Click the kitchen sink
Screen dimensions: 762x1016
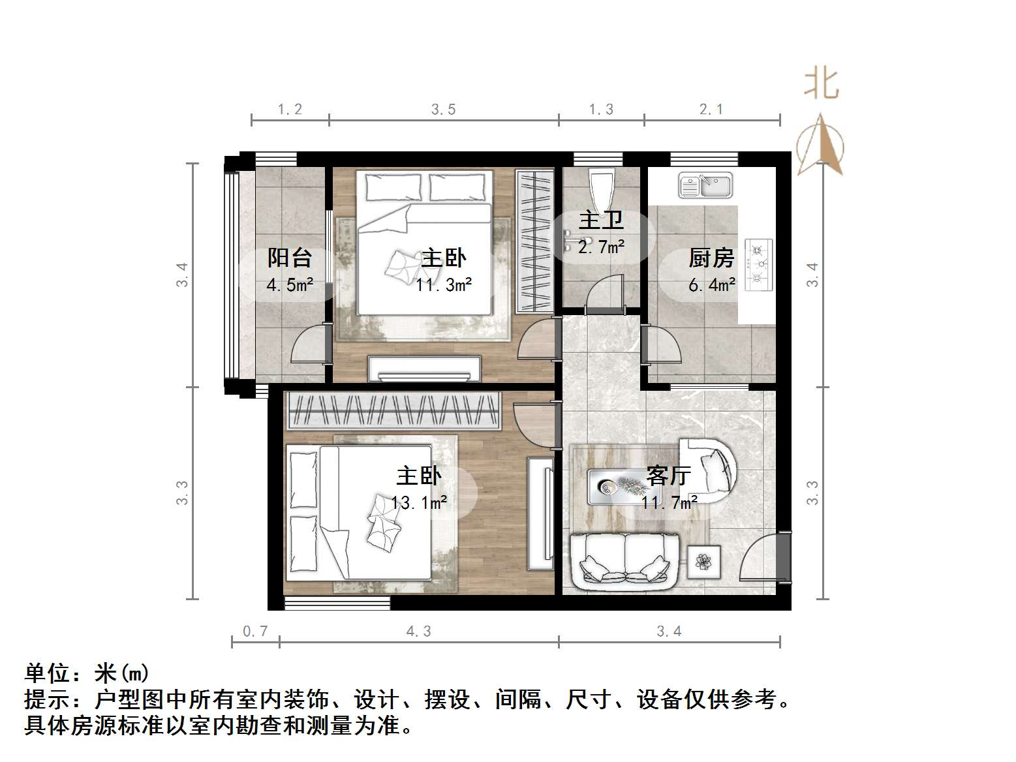(x=705, y=185)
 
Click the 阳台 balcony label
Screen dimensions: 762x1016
(x=289, y=258)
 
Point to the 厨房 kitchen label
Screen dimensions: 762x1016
(x=711, y=258)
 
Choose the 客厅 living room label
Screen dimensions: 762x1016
(x=668, y=476)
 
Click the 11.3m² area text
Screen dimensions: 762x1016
(x=444, y=285)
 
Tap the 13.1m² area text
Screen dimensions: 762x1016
(x=419, y=502)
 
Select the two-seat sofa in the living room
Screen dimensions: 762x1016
(x=625, y=560)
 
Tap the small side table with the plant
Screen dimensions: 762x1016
(x=703, y=562)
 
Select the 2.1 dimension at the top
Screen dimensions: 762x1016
(x=711, y=110)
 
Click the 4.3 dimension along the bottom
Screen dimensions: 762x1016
(x=418, y=631)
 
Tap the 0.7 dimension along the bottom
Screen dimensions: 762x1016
(x=255, y=631)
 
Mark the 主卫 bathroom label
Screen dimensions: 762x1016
(x=601, y=221)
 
